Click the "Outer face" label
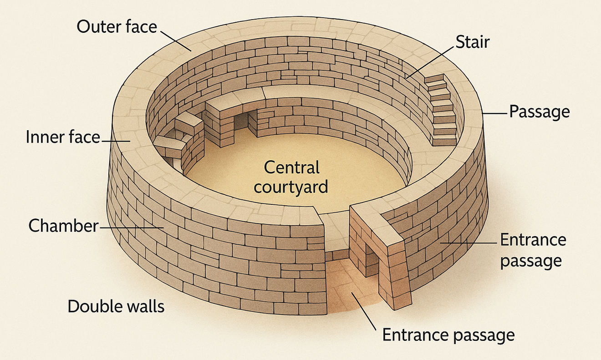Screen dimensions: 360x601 coord(117,27)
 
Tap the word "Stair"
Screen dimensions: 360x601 coord(472,42)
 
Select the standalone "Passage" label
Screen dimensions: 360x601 coord(539,112)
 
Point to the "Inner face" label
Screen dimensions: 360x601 coord(63,137)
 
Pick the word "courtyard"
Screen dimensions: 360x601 coord(291,187)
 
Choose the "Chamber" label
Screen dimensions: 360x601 coord(63,225)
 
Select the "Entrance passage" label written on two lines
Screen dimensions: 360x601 coord(533,250)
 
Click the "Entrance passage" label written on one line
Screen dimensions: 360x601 coord(448,335)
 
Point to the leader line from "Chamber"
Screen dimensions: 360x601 coord(130,226)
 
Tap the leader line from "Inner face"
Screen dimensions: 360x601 coord(116,141)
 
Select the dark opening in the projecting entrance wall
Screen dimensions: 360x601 coord(370,262)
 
